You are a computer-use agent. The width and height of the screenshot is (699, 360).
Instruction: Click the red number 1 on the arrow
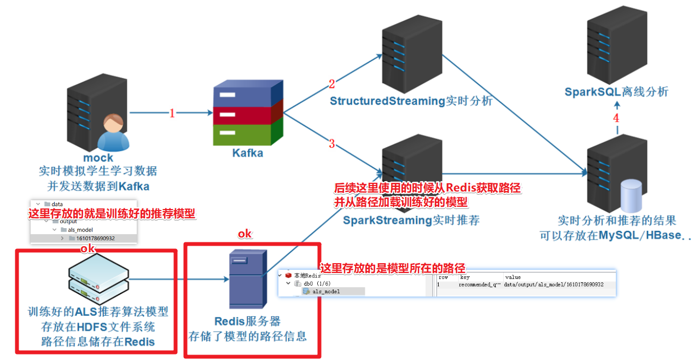pyautogui.click(x=172, y=114)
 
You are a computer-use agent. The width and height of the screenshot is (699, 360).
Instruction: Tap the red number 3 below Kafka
pyautogui.click(x=331, y=144)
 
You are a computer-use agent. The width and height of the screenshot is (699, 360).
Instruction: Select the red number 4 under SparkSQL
pyautogui.click(x=616, y=118)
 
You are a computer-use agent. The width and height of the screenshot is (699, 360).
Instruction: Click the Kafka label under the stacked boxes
pyautogui.click(x=247, y=153)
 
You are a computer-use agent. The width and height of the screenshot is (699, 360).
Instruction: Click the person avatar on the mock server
pyautogui.click(x=113, y=132)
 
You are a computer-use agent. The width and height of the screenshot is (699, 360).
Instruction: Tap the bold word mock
pyautogui.click(x=98, y=158)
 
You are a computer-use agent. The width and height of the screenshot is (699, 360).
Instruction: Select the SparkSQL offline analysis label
pyautogui.click(x=616, y=92)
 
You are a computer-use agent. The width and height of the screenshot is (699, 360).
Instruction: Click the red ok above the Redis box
pyautogui.click(x=244, y=234)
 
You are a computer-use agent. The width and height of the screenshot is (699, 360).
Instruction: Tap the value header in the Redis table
pyautogui.click(x=512, y=277)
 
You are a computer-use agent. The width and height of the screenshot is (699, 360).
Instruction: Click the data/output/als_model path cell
pyautogui.click(x=554, y=285)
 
